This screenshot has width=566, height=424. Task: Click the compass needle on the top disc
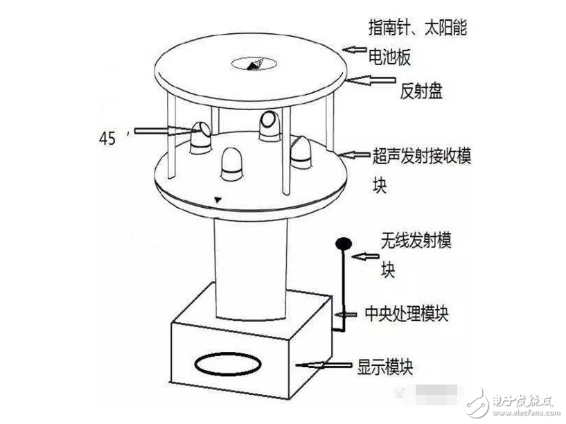254,64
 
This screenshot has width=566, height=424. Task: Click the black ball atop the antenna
342,243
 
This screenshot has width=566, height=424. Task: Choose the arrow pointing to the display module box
322,364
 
